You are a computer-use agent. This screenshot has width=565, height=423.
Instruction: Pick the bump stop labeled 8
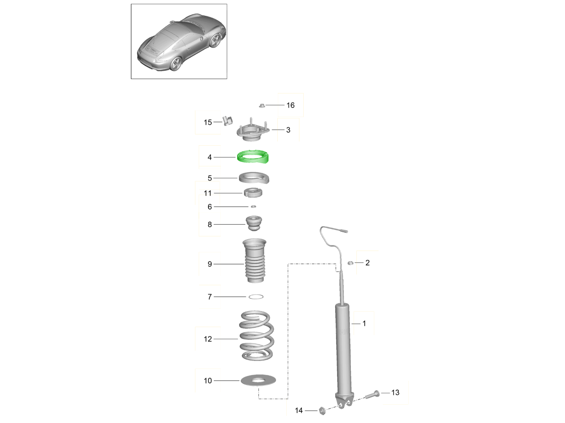254,223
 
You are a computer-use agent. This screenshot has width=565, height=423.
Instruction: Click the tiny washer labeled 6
253,206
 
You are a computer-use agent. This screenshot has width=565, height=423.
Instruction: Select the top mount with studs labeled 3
253,132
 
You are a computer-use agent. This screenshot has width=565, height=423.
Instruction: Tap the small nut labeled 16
262,105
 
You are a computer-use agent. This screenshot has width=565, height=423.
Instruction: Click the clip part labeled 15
227,121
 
